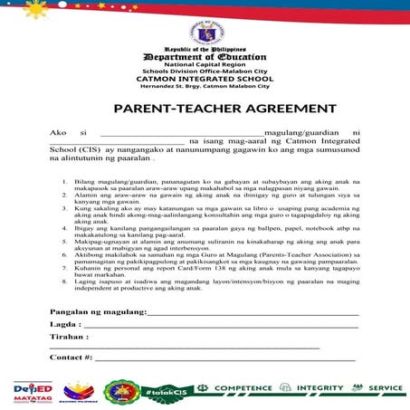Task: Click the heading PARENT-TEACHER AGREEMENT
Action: tap(205, 109)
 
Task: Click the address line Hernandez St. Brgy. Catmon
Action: tap(204, 86)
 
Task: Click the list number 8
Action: tap(64, 281)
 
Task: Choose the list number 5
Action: tap(64, 242)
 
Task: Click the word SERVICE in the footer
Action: tap(386, 388)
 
